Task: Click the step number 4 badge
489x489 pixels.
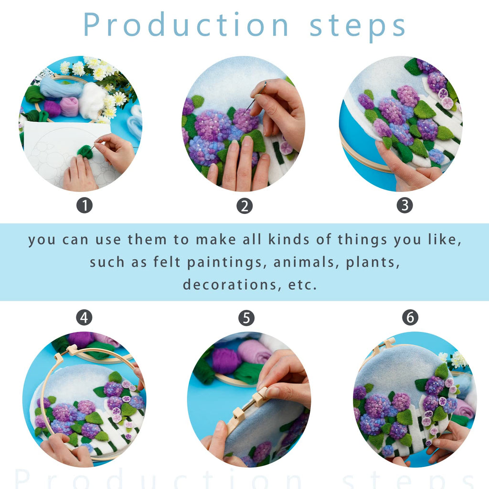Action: [x=84, y=317]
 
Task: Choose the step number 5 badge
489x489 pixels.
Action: [x=246, y=318]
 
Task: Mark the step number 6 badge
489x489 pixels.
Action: [x=410, y=317]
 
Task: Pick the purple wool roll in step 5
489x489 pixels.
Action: [x=224, y=361]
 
